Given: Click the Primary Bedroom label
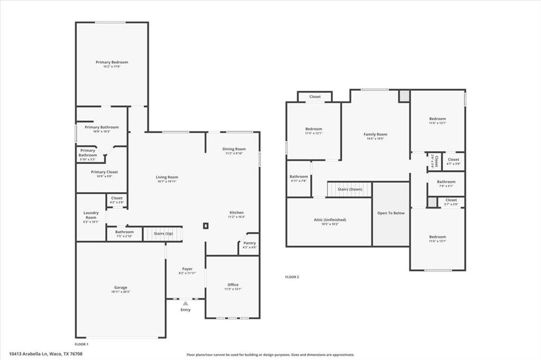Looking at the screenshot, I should [x=111, y=62].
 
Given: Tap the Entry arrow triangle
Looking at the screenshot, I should [x=185, y=304].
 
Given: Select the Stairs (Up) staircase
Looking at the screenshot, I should [x=163, y=233].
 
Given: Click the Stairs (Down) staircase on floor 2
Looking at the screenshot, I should [x=349, y=189].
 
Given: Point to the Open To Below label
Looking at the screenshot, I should [x=391, y=213].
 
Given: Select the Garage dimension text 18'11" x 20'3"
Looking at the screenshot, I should [x=120, y=291].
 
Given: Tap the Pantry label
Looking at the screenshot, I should [x=249, y=243].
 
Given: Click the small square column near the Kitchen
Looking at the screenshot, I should [x=206, y=226].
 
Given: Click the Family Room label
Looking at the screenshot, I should [x=375, y=135].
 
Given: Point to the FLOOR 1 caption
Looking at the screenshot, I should [x=81, y=344].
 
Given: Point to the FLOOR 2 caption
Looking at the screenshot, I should [x=292, y=277].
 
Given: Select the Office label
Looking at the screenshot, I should [x=233, y=285].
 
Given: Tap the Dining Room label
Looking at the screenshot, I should [x=234, y=149].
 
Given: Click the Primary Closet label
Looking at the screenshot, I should [x=104, y=172].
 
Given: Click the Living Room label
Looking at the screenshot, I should [x=166, y=177].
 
